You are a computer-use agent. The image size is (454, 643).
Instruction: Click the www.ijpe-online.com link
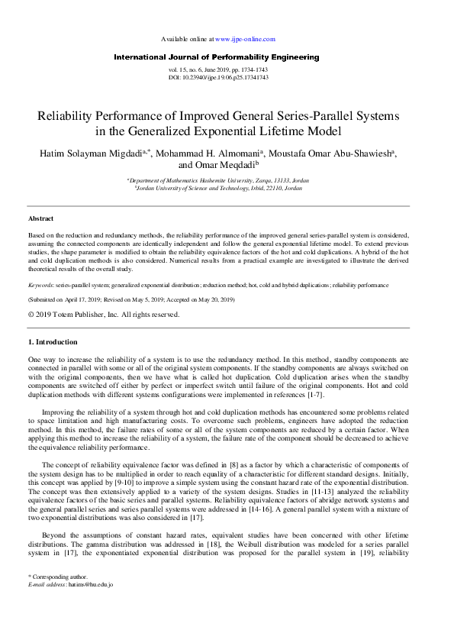245,38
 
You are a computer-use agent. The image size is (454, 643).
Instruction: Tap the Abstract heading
41,218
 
